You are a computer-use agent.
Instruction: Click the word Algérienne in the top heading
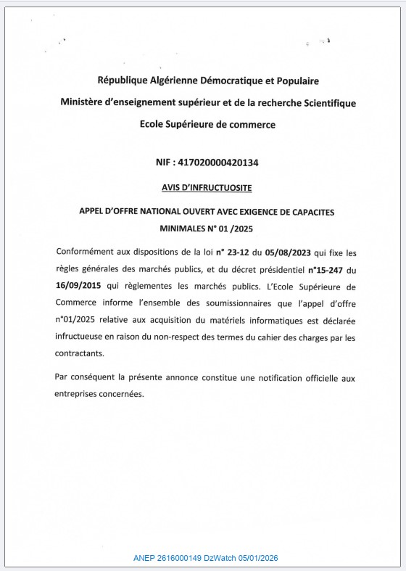click(168, 81)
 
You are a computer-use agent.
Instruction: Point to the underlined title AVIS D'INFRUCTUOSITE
click(207, 187)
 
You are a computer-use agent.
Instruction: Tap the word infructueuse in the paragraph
click(81, 337)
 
